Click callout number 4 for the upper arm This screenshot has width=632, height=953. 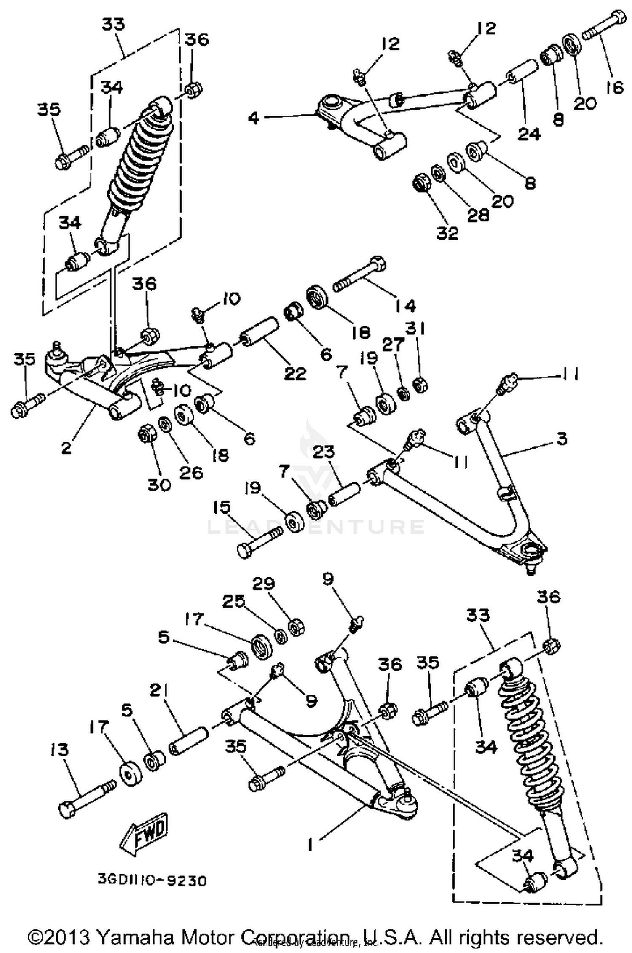(253, 118)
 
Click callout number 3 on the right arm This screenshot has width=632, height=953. (562, 439)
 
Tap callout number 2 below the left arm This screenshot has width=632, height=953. (66, 448)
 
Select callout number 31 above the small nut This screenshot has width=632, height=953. (416, 328)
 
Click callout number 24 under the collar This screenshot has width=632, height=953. (529, 134)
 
